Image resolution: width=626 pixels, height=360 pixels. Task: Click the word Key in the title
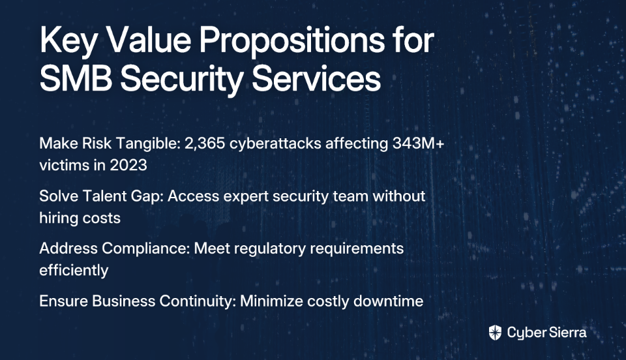[x=68, y=41]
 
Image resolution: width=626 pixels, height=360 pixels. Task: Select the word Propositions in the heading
[x=292, y=41]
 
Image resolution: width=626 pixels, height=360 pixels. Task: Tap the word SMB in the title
[x=76, y=79]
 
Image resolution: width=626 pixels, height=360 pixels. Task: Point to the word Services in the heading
[x=316, y=79]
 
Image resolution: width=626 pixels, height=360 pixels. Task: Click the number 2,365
[x=204, y=143]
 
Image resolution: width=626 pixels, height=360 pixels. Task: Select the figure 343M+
[x=418, y=143]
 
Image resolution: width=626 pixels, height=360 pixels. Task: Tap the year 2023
[x=128, y=165]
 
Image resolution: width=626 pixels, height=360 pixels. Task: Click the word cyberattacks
[x=275, y=143]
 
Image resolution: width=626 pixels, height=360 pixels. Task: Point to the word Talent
[x=106, y=196]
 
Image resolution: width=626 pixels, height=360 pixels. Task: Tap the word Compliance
[x=145, y=248]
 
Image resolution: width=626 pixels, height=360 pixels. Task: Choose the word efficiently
[x=74, y=271]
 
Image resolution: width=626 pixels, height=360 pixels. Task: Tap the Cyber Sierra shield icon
[x=495, y=332]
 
